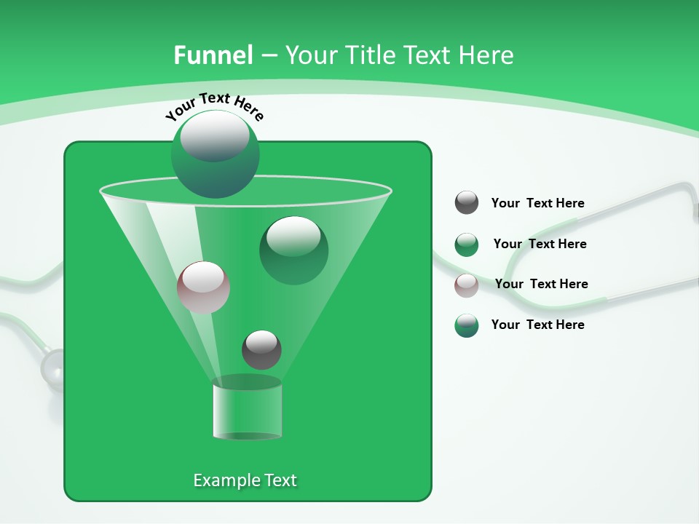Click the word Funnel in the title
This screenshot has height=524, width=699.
tap(213, 55)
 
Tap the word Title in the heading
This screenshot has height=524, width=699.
tap(369, 55)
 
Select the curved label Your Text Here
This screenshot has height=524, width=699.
tap(214, 106)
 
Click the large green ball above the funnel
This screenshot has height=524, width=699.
tap(215, 154)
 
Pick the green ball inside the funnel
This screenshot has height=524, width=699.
tap(293, 250)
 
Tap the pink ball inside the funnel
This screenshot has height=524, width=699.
tap(203, 287)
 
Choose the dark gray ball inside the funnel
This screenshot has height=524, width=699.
tap(261, 349)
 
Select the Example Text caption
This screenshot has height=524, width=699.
tap(245, 480)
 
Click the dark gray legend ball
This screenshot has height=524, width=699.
tap(466, 203)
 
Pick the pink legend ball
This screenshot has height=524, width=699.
tap(466, 285)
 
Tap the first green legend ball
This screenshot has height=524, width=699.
tap(466, 245)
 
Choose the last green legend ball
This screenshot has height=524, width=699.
tap(466, 325)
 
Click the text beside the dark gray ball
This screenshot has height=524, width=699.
tap(537, 203)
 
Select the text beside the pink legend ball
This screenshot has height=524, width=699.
tap(541, 284)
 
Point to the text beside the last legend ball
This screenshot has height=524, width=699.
tap(537, 325)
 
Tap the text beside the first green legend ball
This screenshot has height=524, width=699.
tap(540, 244)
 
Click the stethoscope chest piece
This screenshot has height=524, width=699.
tap(52, 368)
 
